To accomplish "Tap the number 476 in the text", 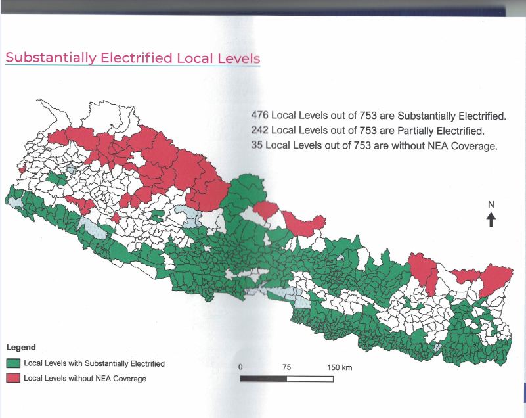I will click(260, 115).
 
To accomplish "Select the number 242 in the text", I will click(260, 130).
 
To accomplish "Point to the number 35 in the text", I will click(257, 145).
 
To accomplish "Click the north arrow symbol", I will click(491, 220).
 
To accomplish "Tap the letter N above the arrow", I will click(491, 204).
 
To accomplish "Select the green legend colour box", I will click(12, 363).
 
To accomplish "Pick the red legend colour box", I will click(12, 379).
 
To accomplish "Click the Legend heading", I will click(20, 347).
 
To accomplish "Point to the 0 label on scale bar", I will click(241, 367).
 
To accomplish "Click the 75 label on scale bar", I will click(286, 367).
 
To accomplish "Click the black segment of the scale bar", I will click(263, 379).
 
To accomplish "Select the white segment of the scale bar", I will click(310, 379).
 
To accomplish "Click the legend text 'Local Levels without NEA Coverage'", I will click(85, 379).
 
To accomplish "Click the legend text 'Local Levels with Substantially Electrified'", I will click(94, 363).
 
